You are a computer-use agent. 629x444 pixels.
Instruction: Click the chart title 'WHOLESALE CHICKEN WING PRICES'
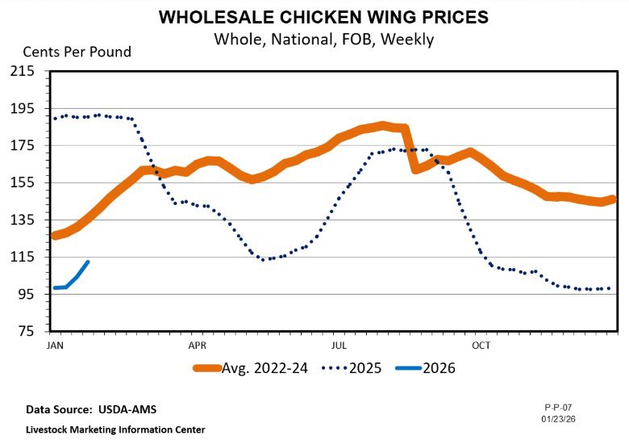coord(323,17)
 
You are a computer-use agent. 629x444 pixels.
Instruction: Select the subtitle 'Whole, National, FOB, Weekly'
coord(323,39)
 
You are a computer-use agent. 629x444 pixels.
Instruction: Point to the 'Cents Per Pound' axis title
coord(77,52)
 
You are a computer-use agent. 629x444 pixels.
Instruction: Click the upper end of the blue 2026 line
coord(88,262)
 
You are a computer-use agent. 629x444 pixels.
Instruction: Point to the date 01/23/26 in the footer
coord(558,418)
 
